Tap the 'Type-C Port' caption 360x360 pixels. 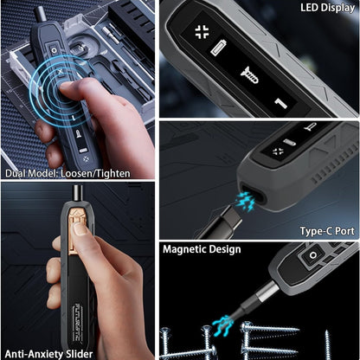coord(326,231)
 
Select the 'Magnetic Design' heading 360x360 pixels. coord(202,250)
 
